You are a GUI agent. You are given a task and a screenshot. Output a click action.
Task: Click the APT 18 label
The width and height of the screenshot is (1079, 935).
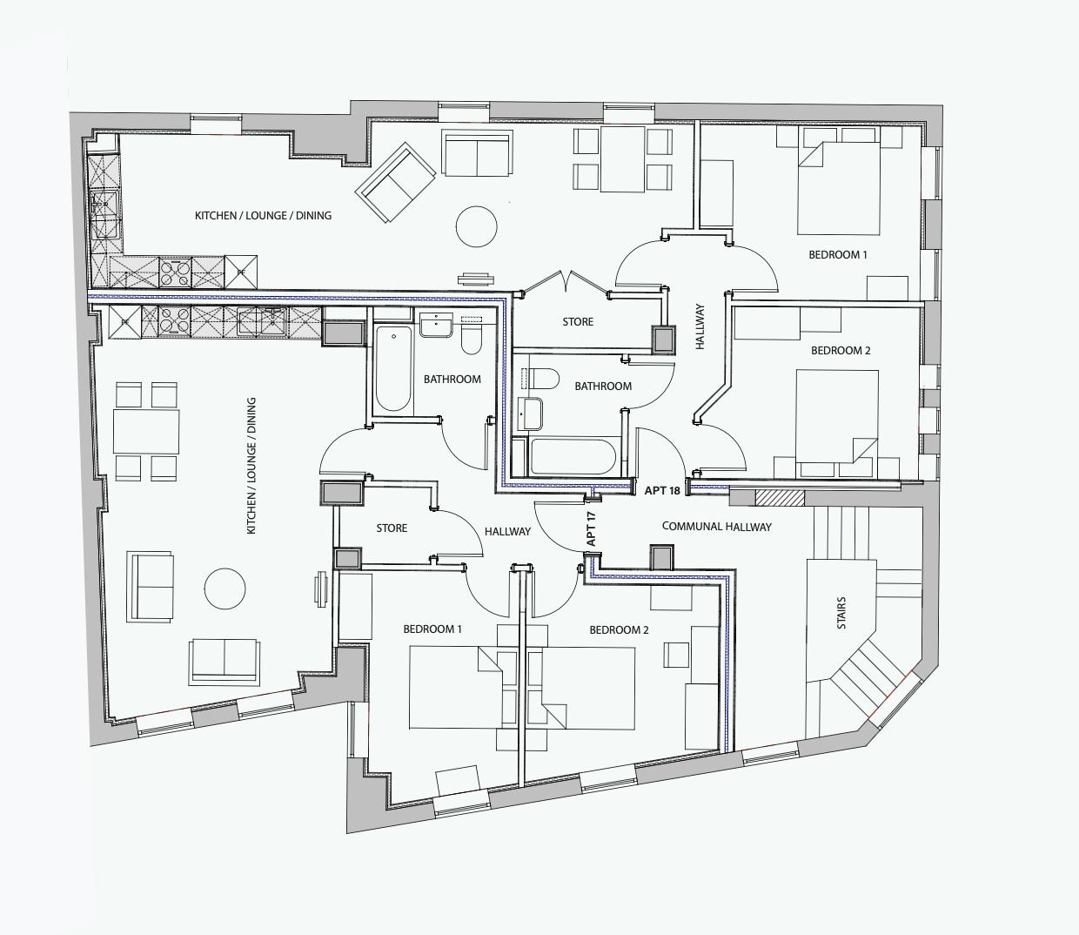(662, 491)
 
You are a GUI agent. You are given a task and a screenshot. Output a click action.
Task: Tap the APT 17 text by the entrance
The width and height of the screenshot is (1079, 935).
(592, 528)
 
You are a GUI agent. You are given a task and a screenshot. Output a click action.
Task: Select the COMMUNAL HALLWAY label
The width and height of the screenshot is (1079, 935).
(716, 527)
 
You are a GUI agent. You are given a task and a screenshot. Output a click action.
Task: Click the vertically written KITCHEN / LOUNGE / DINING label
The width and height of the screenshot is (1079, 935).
(251, 466)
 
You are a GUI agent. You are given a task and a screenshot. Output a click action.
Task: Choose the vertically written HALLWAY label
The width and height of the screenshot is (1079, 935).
(700, 326)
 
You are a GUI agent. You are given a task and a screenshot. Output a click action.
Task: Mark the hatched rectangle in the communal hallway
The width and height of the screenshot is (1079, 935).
(780, 498)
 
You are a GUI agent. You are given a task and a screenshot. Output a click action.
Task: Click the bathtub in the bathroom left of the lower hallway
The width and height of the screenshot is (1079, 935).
(392, 367)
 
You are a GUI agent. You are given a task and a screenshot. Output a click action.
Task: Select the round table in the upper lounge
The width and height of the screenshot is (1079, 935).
(477, 226)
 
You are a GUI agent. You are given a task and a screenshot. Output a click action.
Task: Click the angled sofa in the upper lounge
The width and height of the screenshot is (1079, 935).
(395, 184)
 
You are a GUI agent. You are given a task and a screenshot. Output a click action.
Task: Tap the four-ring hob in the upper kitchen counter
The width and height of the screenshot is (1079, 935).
(175, 272)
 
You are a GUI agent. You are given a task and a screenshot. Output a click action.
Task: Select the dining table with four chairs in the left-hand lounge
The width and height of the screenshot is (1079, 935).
(146, 432)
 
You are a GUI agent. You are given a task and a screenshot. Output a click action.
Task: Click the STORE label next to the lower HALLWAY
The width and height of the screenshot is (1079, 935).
(392, 528)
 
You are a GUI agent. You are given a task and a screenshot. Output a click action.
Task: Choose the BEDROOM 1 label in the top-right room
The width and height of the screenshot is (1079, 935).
(838, 255)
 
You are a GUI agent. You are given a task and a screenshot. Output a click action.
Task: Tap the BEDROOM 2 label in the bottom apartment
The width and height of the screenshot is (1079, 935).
(619, 629)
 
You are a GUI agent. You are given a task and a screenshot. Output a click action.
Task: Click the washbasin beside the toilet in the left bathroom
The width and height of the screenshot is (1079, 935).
(435, 326)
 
